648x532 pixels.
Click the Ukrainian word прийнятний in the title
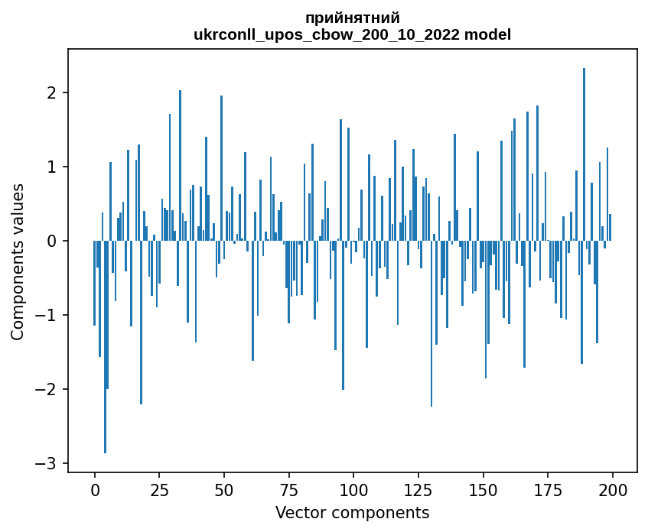point(352,18)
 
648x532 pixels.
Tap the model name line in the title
point(352,34)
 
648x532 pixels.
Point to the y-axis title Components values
point(17,261)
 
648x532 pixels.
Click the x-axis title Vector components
point(352,512)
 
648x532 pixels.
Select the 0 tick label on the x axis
point(95,489)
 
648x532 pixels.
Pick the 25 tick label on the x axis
point(159,489)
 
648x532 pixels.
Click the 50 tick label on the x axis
point(224,489)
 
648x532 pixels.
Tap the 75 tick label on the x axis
point(288,489)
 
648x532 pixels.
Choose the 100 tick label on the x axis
point(353,489)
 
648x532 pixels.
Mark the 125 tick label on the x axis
point(418,489)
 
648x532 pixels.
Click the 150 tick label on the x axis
point(483,489)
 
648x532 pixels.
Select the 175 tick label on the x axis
point(548,489)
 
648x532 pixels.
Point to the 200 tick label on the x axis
point(612,489)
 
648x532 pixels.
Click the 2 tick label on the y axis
point(54,93)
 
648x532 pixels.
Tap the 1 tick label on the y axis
point(54,167)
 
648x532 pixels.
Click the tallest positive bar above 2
point(584,153)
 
